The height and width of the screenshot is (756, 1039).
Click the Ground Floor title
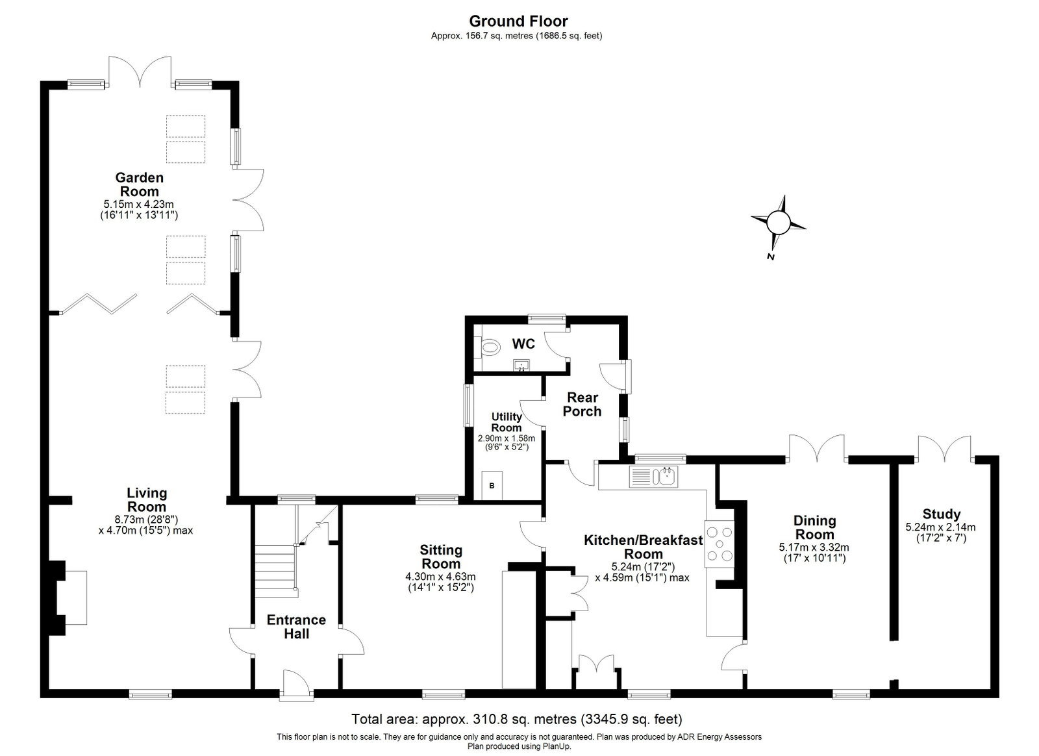518,21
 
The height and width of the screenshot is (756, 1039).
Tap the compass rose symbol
778,223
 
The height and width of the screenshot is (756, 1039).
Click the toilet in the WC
490,347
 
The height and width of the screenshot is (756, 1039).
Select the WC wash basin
522,366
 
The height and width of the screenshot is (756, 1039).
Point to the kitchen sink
653,476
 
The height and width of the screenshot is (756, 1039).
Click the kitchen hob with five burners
720,544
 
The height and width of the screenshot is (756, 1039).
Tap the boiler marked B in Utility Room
492,486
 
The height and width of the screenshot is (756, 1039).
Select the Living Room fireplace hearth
76,598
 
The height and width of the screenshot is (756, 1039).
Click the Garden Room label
139,184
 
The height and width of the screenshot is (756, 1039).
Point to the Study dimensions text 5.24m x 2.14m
941,527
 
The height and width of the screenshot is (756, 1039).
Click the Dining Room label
814,527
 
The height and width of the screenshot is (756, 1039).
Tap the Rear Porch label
582,404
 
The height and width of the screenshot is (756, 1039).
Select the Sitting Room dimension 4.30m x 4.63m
441,577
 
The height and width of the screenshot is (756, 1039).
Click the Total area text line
517,720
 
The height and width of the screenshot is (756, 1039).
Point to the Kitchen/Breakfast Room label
644,547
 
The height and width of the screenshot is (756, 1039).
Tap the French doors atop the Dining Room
817,448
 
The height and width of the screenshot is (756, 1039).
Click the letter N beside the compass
770,257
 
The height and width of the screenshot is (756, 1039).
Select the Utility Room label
507,422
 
